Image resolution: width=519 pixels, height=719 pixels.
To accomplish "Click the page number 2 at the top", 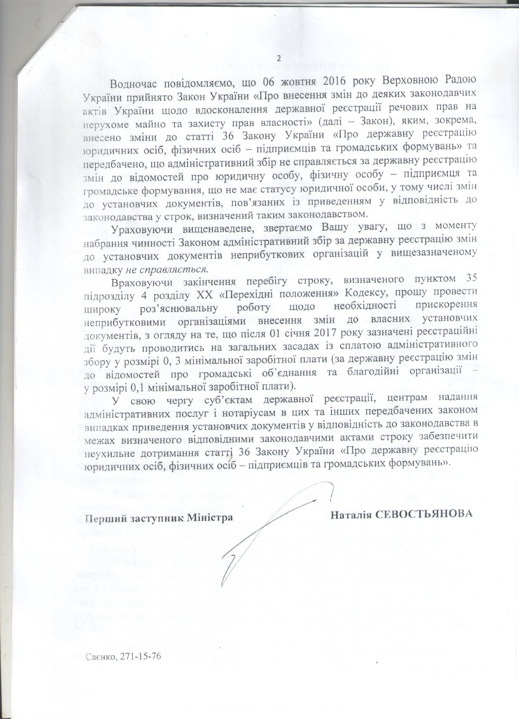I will point(279,58).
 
